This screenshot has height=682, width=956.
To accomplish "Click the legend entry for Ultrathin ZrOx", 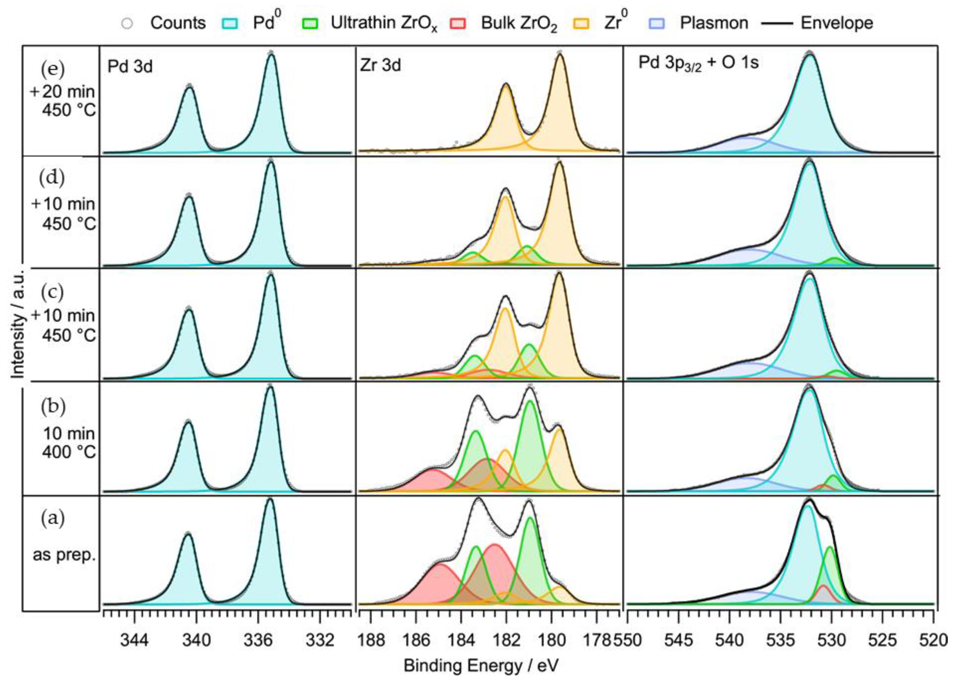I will (x=383, y=23).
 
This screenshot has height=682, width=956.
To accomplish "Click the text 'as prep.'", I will (x=64, y=555).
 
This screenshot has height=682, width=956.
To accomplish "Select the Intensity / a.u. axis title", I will (x=18, y=323).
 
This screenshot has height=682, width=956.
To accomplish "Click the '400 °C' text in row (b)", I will (x=69, y=452).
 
